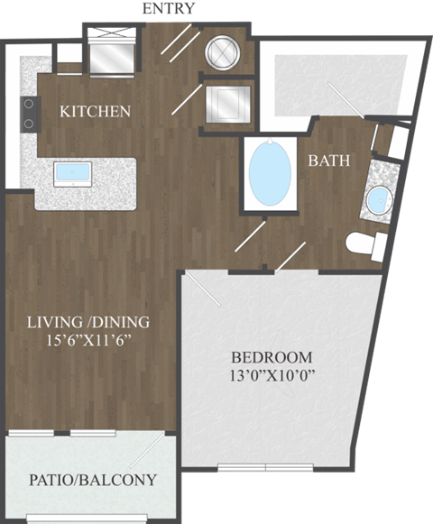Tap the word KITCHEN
[x=95, y=112]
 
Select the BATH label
[x=330, y=161]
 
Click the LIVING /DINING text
[x=100, y=321]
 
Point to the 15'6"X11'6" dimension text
[x=100, y=340]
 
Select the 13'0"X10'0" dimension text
[x=270, y=374]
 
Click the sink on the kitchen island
[x=71, y=172]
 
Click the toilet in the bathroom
[x=364, y=244]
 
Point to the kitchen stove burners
[x=29, y=113]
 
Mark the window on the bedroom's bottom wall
[x=266, y=467]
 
